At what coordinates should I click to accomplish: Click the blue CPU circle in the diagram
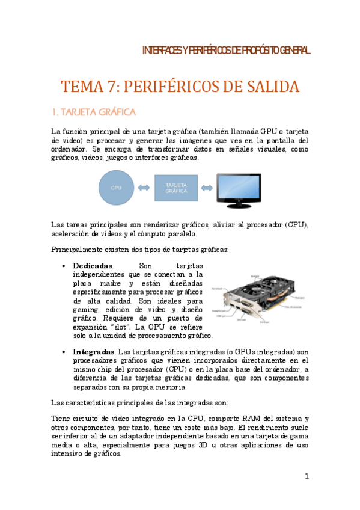pyautogui.click(x=116, y=188)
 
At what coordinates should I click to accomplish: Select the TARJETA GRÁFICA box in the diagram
pyautogui.click(x=176, y=188)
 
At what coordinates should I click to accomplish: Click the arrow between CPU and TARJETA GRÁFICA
pyautogui.click(x=144, y=188)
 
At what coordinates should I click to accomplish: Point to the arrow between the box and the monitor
pyautogui.click(x=207, y=188)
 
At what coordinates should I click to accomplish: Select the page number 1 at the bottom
pyautogui.click(x=307, y=477)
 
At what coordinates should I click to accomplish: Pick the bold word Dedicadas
pyautogui.click(x=93, y=265)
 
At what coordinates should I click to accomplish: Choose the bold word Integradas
pyautogui.click(x=93, y=351)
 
